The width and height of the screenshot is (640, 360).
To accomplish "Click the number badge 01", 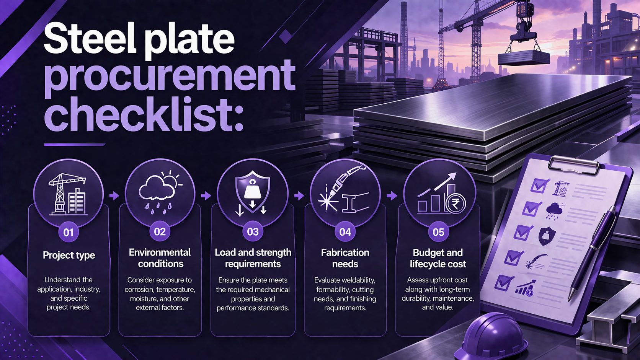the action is tap(68, 232).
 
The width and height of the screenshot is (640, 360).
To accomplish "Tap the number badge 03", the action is tap(253, 231).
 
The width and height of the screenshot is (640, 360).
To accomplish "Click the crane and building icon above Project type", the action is tap(68, 194).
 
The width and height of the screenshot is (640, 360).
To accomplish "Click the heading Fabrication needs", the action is tap(345, 258).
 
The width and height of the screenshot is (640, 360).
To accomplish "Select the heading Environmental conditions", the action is tap(160, 258).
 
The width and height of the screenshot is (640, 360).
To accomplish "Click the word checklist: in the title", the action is tap(144, 114).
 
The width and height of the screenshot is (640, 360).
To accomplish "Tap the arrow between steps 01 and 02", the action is tap(114, 196).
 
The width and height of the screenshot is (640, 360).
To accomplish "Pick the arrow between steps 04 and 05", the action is tap(392, 196).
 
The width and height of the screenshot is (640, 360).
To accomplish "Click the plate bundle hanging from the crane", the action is tap(524, 58).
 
